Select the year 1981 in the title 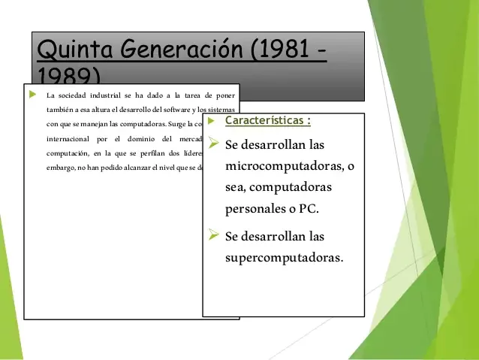click(x=282, y=50)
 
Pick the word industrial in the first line click(x=110, y=95)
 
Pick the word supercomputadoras click(x=283, y=258)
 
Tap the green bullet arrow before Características click(x=212, y=120)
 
